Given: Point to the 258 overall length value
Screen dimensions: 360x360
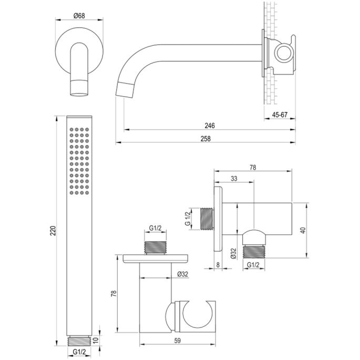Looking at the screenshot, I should click(205, 139).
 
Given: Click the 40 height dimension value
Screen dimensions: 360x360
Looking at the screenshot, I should click(303, 230).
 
